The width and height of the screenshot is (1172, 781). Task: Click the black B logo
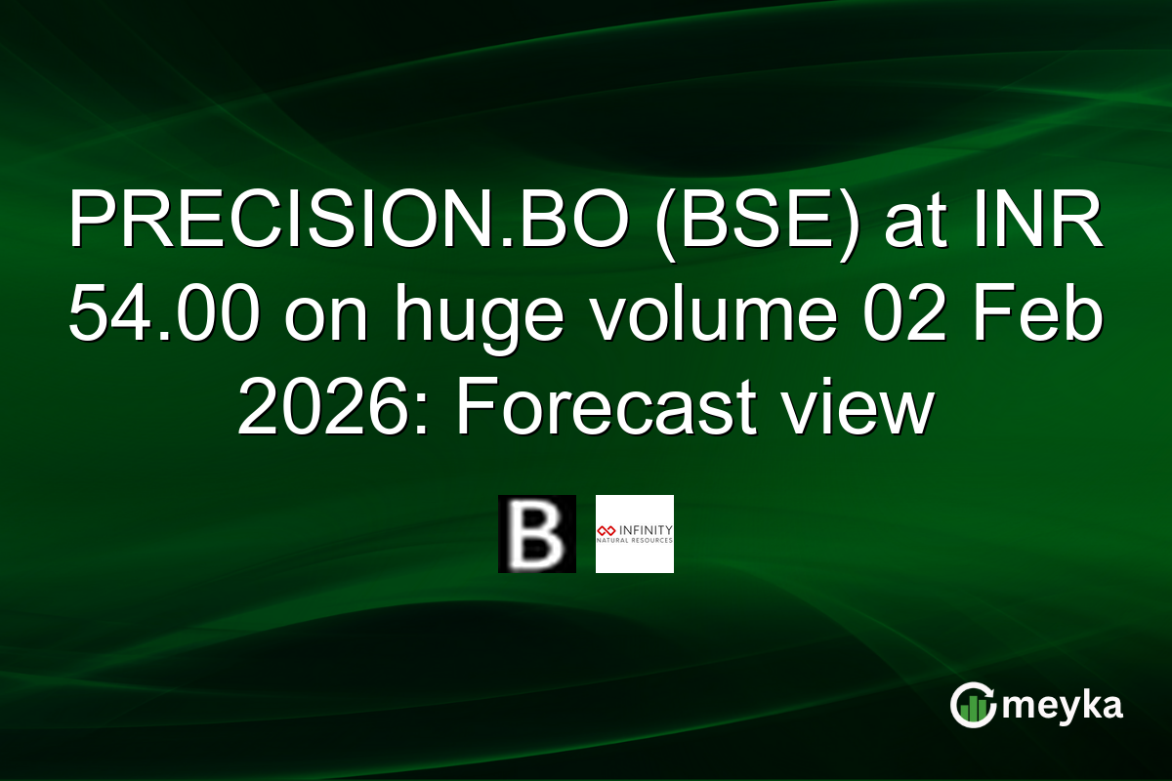(x=536, y=534)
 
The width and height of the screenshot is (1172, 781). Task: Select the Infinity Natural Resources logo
(x=634, y=534)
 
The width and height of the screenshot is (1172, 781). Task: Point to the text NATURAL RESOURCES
(x=635, y=540)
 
